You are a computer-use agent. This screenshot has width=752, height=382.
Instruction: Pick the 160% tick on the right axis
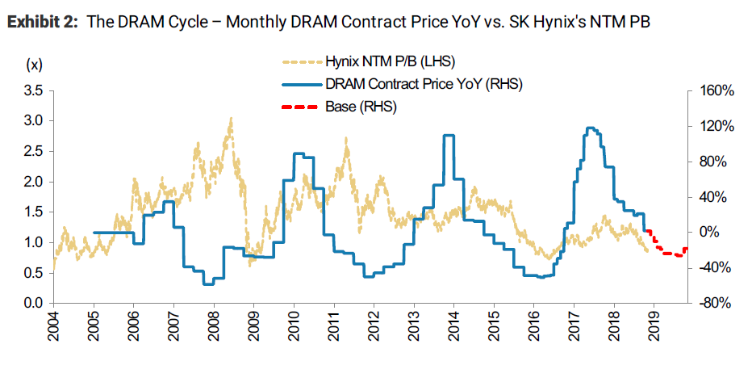pyautogui.click(x=714, y=90)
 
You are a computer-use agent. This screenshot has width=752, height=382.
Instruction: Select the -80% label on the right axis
pyautogui.click(x=716, y=304)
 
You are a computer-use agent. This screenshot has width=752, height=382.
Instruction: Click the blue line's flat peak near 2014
pyautogui.click(x=449, y=136)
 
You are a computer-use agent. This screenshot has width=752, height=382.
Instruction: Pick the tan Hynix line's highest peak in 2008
pyautogui.click(x=231, y=120)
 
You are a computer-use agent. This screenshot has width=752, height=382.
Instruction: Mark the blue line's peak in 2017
pyautogui.click(x=591, y=128)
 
